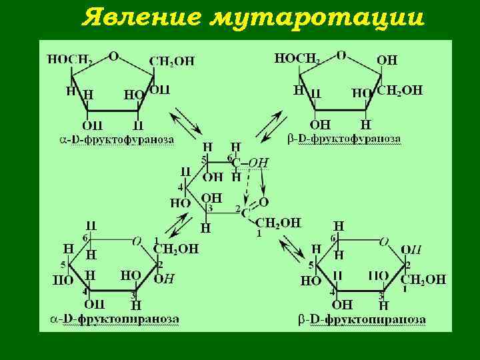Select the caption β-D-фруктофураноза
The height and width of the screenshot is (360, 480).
tap(345, 139)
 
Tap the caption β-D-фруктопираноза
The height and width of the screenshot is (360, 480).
tap(361, 319)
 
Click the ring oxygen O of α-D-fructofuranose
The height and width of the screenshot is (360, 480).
tap(114, 57)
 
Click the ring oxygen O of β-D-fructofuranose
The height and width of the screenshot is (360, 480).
tap(341, 55)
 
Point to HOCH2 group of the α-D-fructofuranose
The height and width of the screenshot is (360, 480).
tap(69, 59)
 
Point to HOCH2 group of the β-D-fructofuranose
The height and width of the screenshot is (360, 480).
tap(297, 59)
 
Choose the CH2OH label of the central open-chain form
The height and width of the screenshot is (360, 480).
tap(278, 223)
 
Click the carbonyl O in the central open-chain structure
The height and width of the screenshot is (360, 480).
tap(263, 201)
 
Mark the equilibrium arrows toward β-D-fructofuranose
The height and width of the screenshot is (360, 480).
tap(273, 126)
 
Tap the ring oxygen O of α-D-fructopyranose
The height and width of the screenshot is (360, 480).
tap(137, 241)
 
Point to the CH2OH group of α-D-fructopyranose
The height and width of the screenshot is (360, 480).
tap(176, 249)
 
